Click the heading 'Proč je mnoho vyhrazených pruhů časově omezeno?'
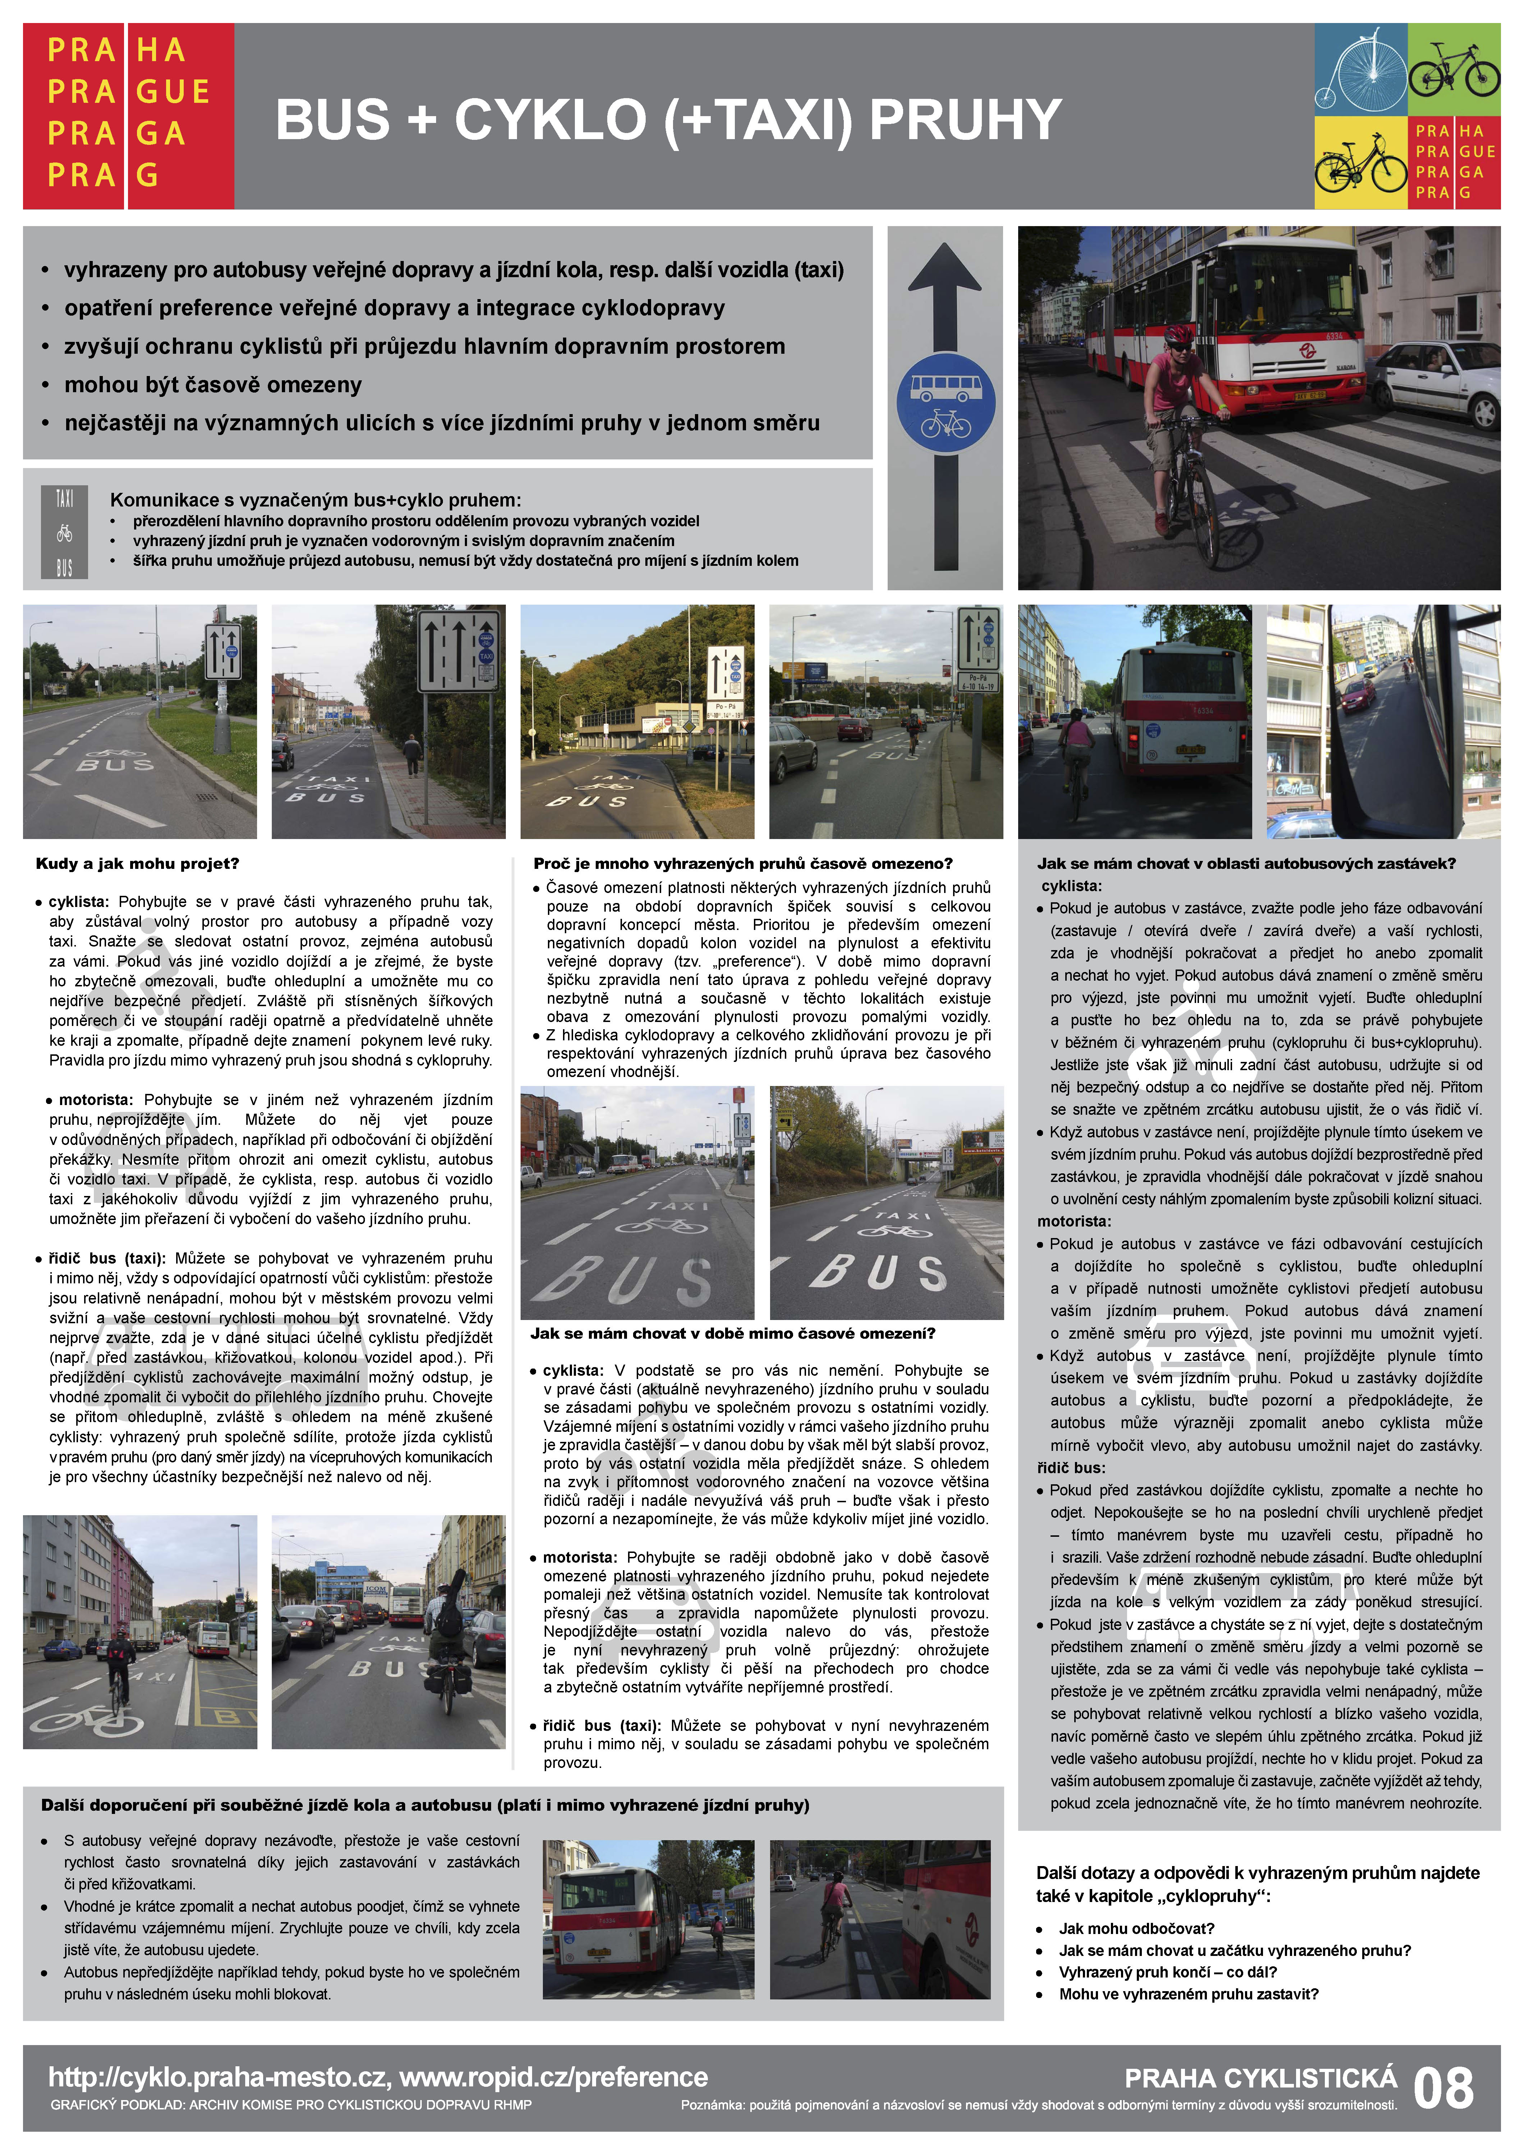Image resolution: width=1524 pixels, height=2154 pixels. pyautogui.click(x=742, y=863)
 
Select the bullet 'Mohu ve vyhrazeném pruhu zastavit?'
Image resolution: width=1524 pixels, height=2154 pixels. pyautogui.click(x=1188, y=1994)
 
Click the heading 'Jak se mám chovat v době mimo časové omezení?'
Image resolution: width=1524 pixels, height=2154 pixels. pyautogui.click(x=732, y=1333)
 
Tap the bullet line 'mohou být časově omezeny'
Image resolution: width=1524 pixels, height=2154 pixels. pyautogui.click(x=213, y=385)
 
